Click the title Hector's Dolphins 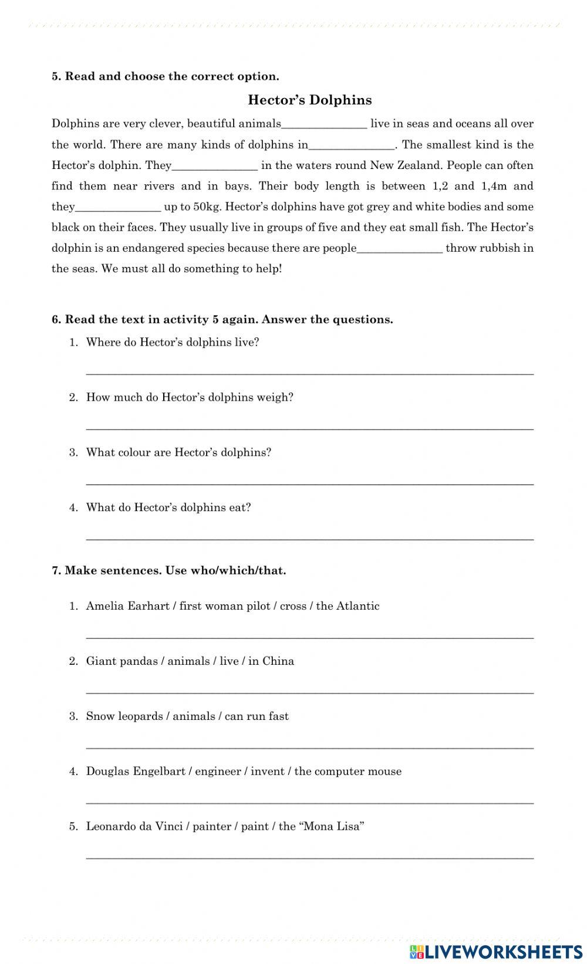pos(309,100)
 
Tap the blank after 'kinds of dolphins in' pos(352,145)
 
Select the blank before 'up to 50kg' pos(118,207)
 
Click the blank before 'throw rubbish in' pos(400,248)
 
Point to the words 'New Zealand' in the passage pos(397,165)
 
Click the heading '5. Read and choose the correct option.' pos(166,76)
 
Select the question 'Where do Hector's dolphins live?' pos(172,342)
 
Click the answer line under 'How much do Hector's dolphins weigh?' pos(309,427)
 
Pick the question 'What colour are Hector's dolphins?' pos(178,452)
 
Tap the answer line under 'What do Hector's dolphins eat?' pos(309,537)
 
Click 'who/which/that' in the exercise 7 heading pos(238,570)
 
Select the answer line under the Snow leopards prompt pos(309,746)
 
